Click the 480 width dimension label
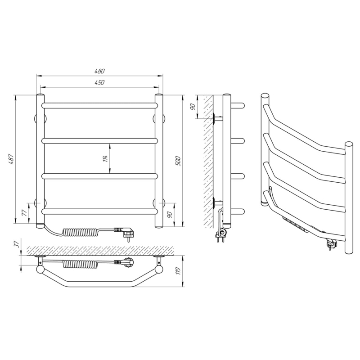tap(99, 71)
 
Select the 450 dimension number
tap(99, 82)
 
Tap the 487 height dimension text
tap(11, 159)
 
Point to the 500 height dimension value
tap(178, 161)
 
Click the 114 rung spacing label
tap(105, 159)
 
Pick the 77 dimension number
tap(24, 212)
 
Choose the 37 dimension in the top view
tap(17, 244)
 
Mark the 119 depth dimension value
tap(178, 271)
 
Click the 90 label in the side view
tap(193, 107)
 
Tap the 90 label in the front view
tap(170, 215)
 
